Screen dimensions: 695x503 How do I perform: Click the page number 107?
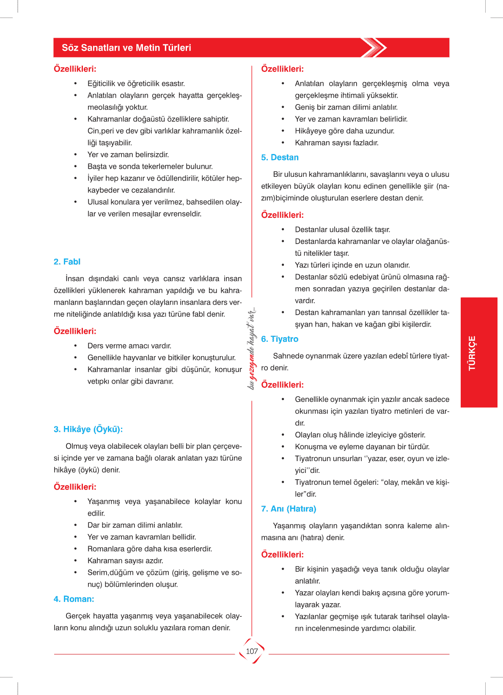click(252, 651)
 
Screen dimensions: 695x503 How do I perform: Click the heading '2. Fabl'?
click(67, 262)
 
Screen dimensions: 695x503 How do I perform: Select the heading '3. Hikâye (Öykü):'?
click(88, 429)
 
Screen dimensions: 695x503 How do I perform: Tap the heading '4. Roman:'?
click(74, 599)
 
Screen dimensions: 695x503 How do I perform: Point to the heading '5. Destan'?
click(280, 157)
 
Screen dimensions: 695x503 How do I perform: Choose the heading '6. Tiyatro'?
click(280, 339)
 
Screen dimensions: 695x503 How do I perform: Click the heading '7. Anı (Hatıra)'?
click(289, 509)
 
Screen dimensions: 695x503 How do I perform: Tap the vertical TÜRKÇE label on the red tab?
click(472, 353)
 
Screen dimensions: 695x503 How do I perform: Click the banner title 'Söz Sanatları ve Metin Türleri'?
click(126, 48)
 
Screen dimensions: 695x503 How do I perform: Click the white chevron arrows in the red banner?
click(374, 48)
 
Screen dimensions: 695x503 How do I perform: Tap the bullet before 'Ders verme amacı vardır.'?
click(75, 346)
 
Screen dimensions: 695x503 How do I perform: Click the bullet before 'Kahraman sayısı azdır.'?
click(75, 561)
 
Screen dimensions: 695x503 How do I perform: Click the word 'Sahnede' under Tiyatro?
click(286, 356)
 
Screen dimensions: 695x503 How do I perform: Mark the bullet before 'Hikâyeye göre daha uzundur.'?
click(283, 131)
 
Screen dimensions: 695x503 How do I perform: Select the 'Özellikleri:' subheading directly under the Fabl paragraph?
click(75, 331)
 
